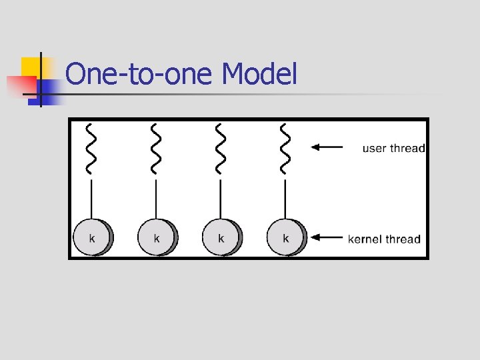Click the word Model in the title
[x=259, y=75]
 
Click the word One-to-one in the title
[x=141, y=75]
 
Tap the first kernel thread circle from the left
[x=92, y=237]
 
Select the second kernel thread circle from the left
[x=157, y=237]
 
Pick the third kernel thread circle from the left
[x=221, y=237]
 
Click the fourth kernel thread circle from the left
[x=286, y=237]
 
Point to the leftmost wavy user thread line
[x=91, y=148]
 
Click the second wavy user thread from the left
[x=156, y=148]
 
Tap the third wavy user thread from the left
[x=221, y=148]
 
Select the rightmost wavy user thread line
[x=285, y=148]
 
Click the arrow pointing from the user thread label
[x=327, y=147]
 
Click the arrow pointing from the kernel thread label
[x=327, y=237]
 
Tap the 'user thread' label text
[x=393, y=148]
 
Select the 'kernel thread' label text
[x=384, y=239]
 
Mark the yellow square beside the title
[x=31, y=67]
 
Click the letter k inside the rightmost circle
[x=286, y=238]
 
